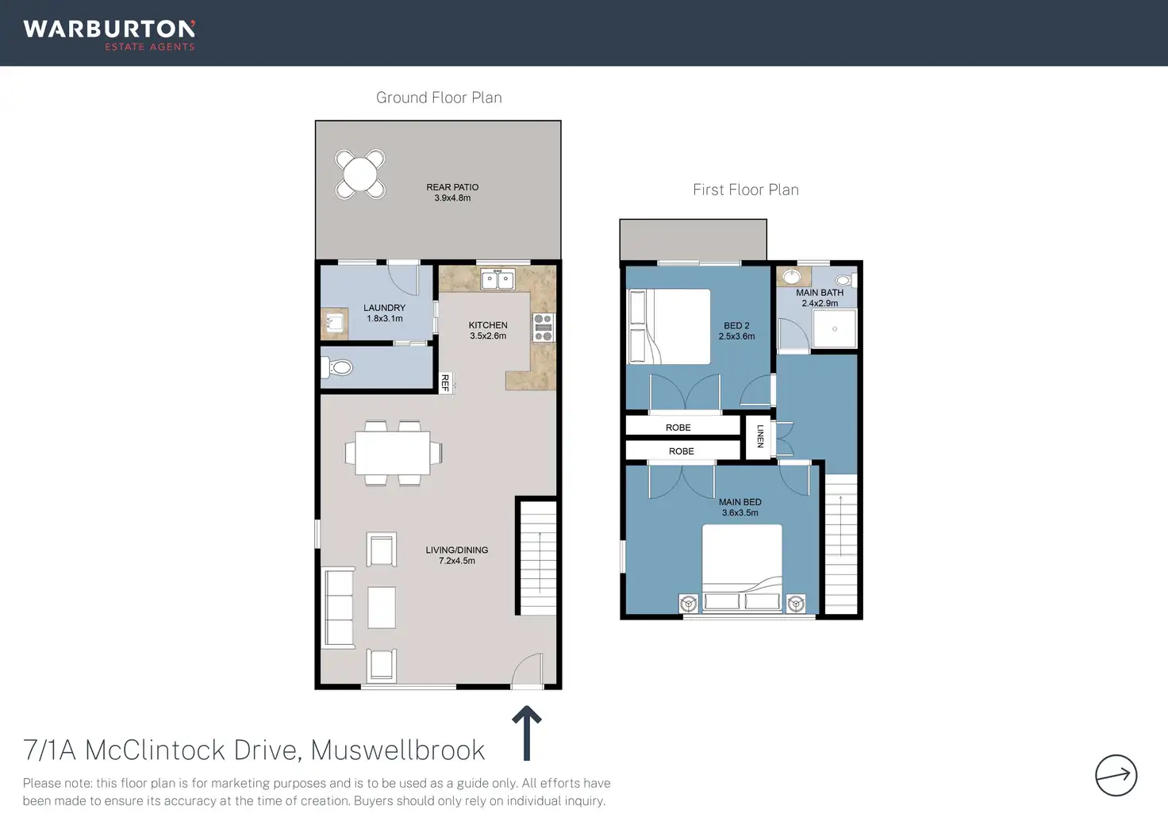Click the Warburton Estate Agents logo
tap(109, 35)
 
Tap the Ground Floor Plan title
tap(439, 98)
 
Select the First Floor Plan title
tap(746, 190)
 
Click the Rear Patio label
tap(452, 192)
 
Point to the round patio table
tap(359, 174)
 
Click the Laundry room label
tap(384, 313)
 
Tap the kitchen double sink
tap(498, 279)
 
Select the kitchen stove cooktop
tap(543, 328)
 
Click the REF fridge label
tap(445, 382)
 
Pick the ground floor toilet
tap(336, 367)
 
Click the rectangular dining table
tap(393, 452)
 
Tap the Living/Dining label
tap(457, 555)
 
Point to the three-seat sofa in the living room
tap(339, 608)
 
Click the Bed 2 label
tap(736, 331)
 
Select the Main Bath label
tap(820, 297)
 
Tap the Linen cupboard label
tap(759, 436)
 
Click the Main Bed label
tap(740, 507)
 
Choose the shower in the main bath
tap(834, 329)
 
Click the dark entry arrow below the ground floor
tap(527, 733)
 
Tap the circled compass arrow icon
tap(1116, 775)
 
